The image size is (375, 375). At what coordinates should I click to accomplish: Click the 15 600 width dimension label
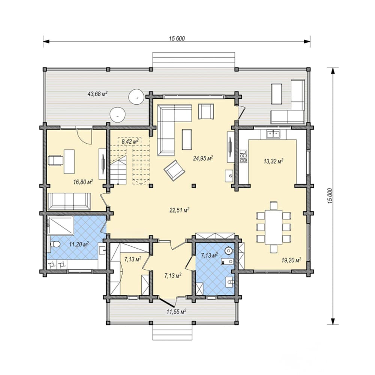[177, 39]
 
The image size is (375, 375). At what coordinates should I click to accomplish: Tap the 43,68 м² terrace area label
[97, 93]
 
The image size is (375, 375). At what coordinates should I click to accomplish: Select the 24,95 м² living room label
[203, 158]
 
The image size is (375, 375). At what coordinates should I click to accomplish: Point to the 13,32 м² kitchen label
[274, 161]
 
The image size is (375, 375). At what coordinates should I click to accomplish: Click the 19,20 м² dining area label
[291, 260]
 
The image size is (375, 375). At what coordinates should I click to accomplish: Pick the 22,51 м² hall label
[179, 210]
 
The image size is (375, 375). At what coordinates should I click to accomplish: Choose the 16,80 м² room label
[83, 182]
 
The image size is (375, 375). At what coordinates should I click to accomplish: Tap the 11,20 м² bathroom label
[79, 244]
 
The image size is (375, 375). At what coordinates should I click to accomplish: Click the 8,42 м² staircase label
[130, 141]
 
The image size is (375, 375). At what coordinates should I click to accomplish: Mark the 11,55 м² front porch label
[177, 312]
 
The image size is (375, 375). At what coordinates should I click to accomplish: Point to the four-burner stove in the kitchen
[243, 156]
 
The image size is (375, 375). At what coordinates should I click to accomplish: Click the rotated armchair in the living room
[174, 171]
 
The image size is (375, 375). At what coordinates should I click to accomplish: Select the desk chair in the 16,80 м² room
[56, 160]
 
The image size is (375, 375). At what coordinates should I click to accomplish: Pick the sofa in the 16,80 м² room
[69, 201]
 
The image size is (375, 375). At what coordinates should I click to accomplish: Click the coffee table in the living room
[187, 139]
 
